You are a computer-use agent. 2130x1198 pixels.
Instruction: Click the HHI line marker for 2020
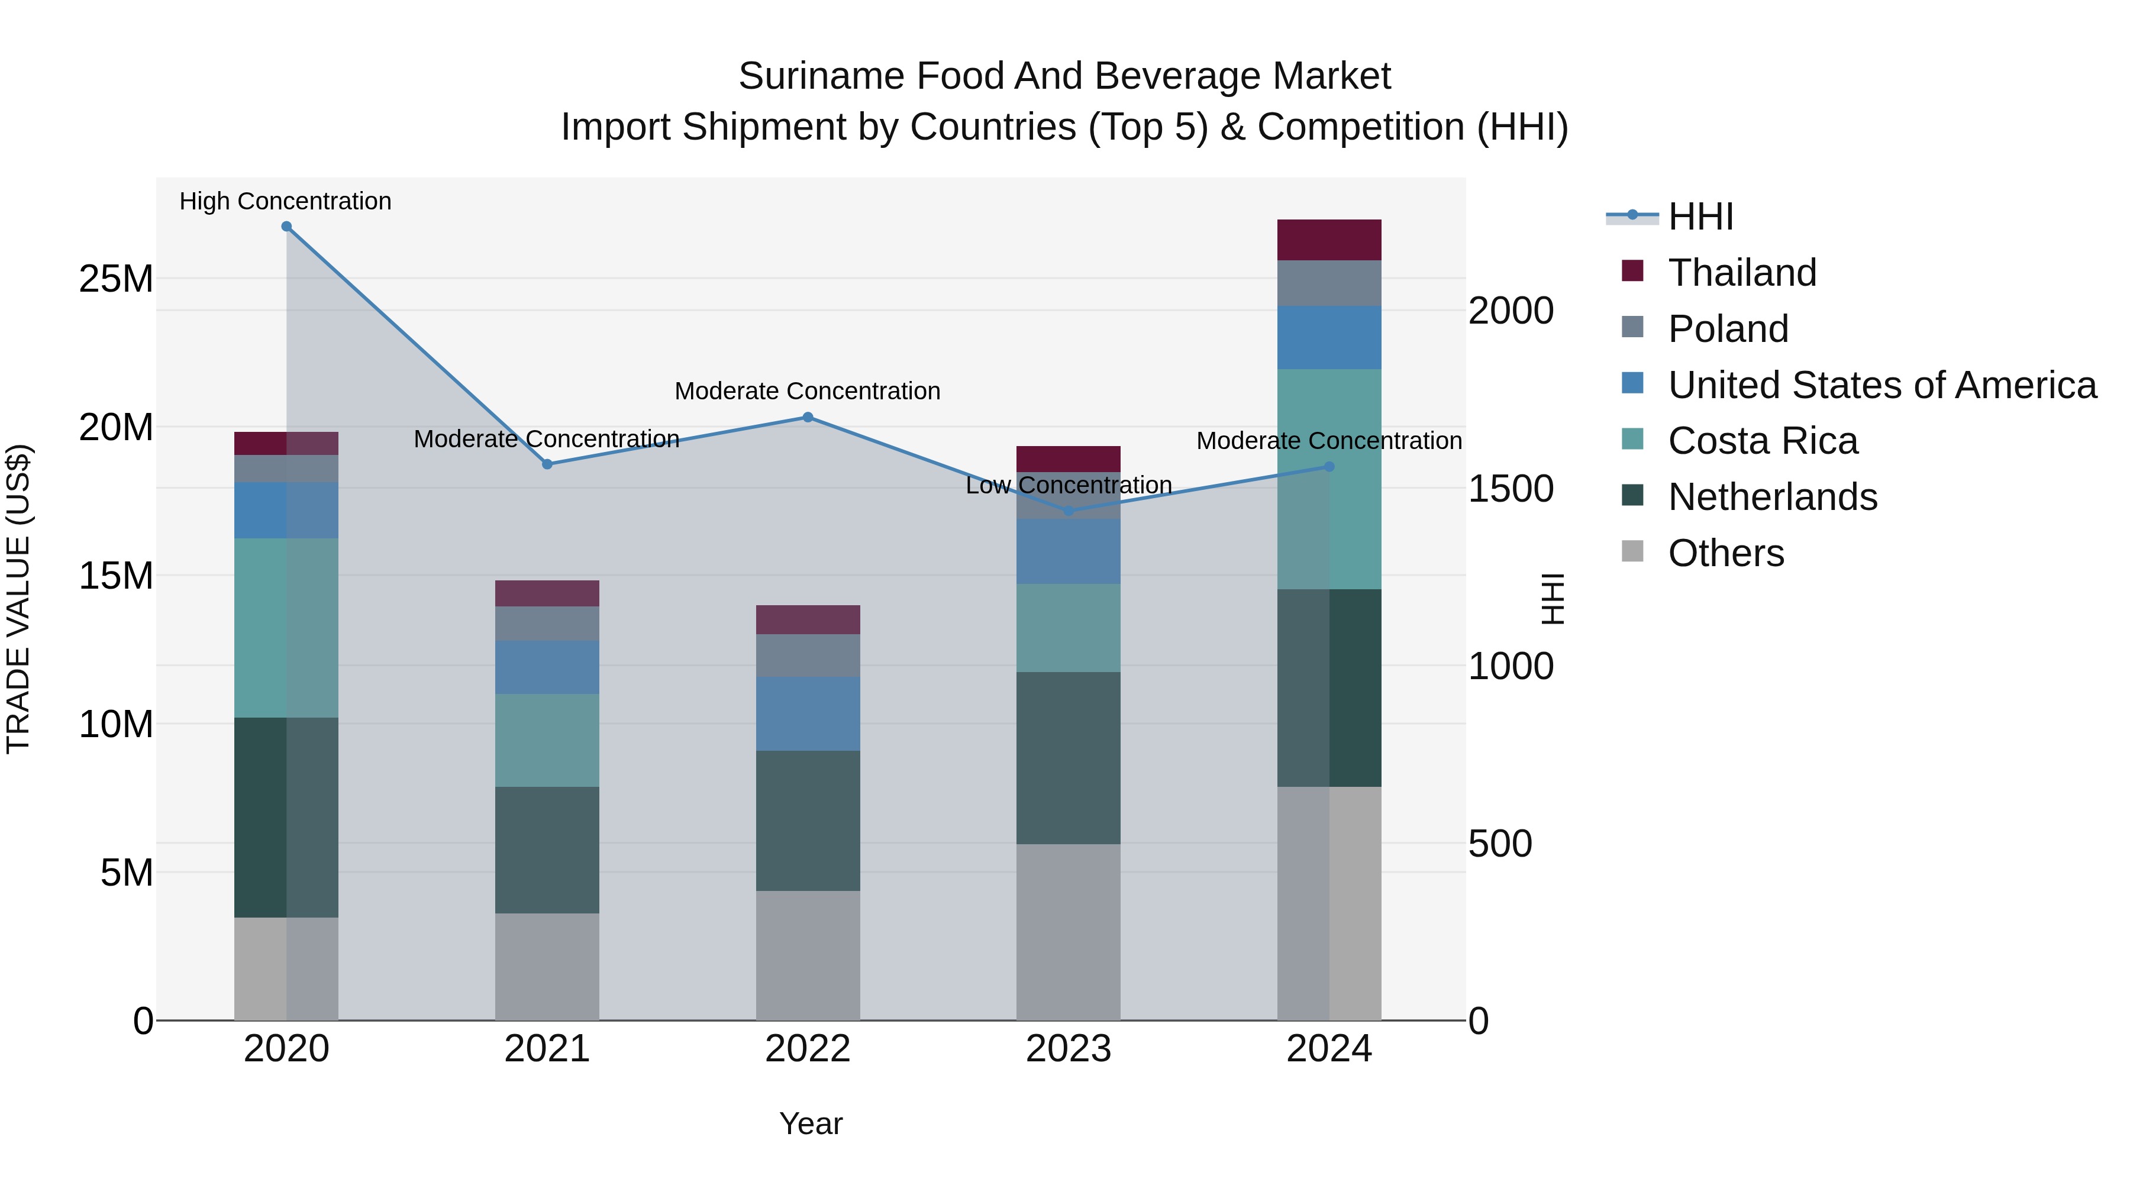tap(286, 227)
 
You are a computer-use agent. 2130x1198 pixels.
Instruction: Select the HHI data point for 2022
tap(808, 418)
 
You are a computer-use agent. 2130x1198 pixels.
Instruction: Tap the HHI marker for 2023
tap(1069, 511)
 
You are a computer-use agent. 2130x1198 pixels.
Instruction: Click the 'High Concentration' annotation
tap(285, 201)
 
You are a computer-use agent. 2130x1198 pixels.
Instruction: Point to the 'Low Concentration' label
tap(1069, 485)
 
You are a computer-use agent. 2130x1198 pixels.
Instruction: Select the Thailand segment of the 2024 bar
tap(1329, 240)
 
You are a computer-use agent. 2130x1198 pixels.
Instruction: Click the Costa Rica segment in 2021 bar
tap(547, 740)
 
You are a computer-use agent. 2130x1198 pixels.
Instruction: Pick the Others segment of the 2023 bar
tap(1069, 932)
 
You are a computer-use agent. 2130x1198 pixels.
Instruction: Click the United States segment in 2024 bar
tap(1329, 337)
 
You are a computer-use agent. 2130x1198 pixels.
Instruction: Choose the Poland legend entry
tap(1728, 329)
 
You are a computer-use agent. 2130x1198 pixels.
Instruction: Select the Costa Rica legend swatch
tap(1632, 439)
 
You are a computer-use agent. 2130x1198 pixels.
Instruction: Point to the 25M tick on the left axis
tap(116, 279)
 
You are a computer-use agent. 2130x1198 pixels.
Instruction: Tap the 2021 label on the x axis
tap(547, 1049)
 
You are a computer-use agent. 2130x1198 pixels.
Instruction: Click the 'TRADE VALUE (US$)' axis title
tap(18, 599)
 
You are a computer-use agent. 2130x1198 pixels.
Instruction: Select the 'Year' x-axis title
tap(811, 1123)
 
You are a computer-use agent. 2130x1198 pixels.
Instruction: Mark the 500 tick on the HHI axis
tap(1500, 843)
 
